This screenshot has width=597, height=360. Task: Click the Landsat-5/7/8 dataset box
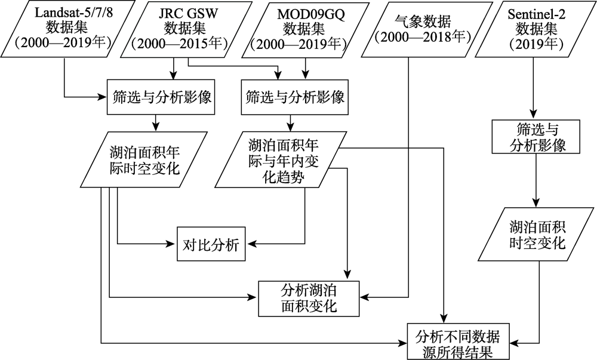pyautogui.click(x=62, y=29)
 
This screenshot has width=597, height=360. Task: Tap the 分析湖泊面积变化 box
pyautogui.click(x=308, y=299)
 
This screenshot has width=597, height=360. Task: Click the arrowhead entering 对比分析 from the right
pyautogui.click(x=251, y=244)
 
